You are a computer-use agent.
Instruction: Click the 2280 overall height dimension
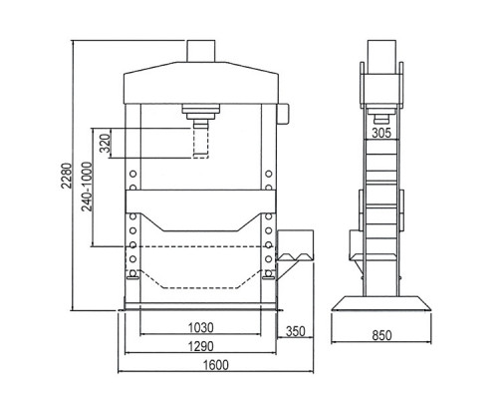tap(67, 176)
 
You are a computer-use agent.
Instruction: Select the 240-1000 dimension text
tap(87, 187)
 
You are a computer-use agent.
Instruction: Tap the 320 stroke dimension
tap(105, 143)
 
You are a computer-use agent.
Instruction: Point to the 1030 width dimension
tap(201, 328)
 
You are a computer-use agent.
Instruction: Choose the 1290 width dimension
tap(201, 346)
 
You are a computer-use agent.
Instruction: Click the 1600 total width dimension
tap(216, 365)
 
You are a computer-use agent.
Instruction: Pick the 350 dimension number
tap(296, 331)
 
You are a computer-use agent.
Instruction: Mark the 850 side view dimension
tap(381, 335)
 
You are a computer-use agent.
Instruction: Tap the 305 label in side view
tap(381, 133)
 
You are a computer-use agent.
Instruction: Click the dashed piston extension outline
tap(201, 144)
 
